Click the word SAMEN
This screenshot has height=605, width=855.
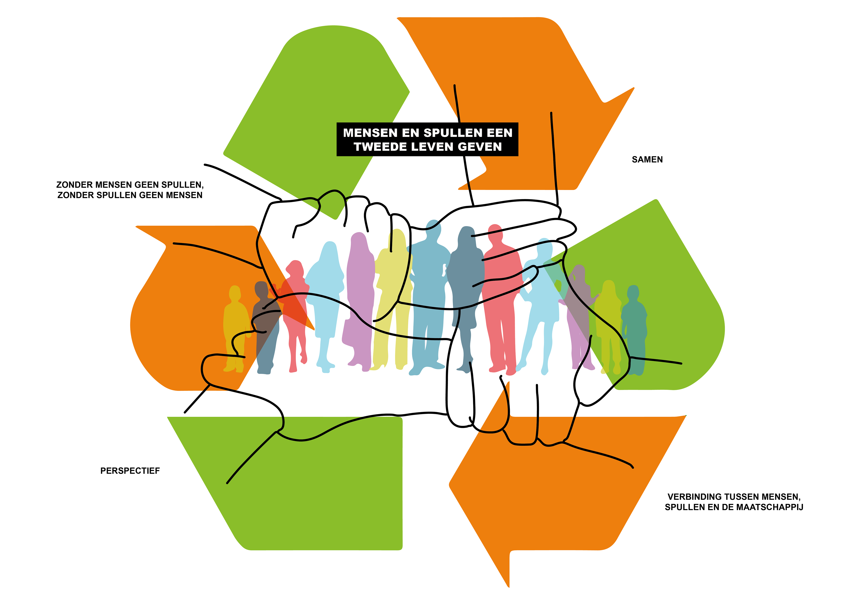click(x=647, y=159)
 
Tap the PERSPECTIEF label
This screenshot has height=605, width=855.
click(x=130, y=471)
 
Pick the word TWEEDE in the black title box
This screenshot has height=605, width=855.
click(x=380, y=147)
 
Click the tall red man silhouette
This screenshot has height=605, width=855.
click(x=501, y=298)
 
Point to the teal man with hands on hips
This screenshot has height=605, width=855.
click(x=428, y=290)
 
